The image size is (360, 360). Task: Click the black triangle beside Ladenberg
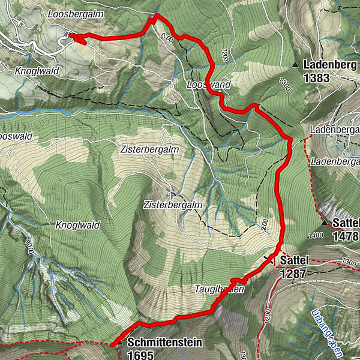point(295,64)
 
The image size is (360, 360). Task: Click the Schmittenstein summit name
point(165,343)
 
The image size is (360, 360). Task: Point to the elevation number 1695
point(142,354)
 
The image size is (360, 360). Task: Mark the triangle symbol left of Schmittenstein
point(122,343)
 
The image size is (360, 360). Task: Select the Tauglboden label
point(219,289)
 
